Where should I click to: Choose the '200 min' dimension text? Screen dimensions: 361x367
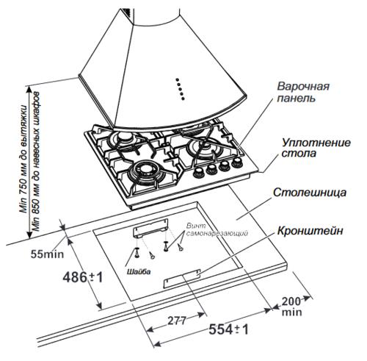(291, 307)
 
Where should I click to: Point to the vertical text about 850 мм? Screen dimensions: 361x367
(34, 162)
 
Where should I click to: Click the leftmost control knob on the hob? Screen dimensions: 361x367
(198, 173)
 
